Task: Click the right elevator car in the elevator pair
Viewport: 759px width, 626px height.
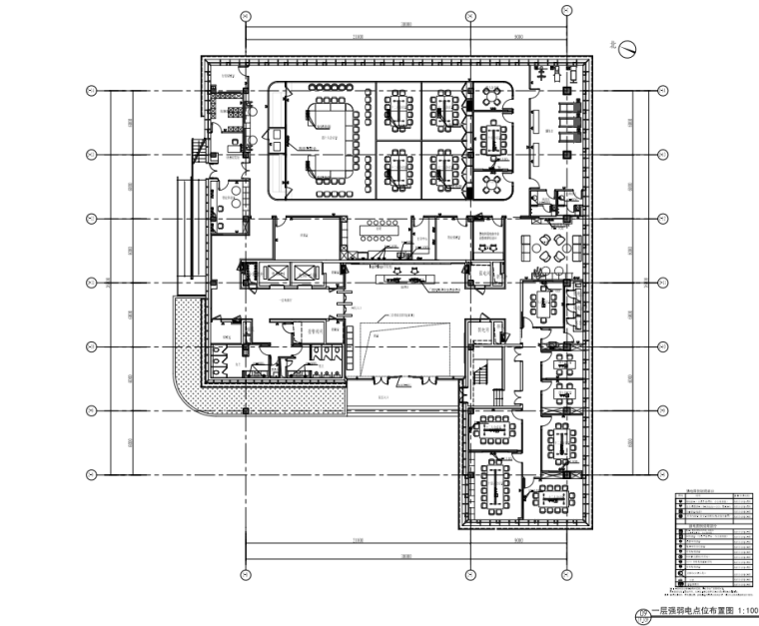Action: [303, 273]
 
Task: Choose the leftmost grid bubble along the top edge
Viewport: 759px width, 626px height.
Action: [246, 16]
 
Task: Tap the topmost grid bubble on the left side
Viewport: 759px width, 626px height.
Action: [91, 91]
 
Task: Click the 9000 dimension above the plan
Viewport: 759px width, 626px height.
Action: [518, 37]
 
